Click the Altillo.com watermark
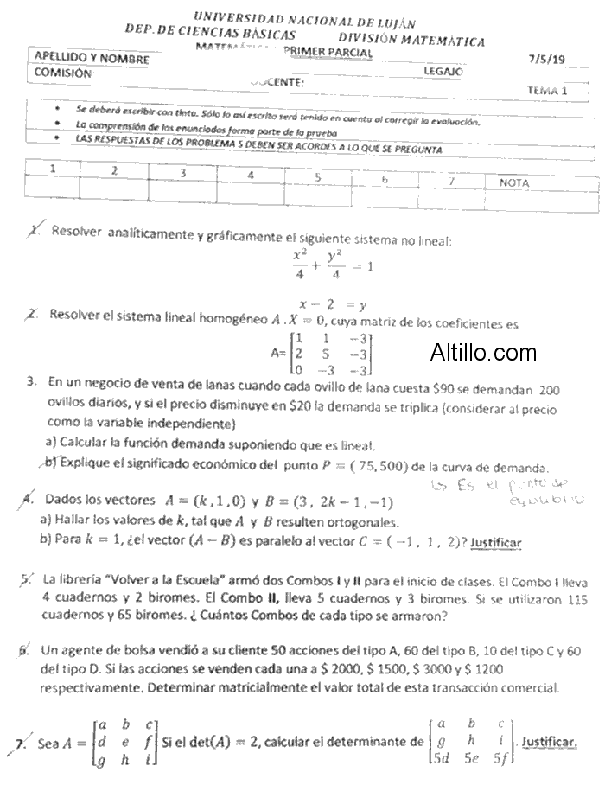click(x=483, y=353)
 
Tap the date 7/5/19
click(x=545, y=60)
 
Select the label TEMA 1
click(x=547, y=90)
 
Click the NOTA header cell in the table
click(x=514, y=183)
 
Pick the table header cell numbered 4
click(x=251, y=175)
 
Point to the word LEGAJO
click(x=443, y=72)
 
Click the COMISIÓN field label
click(x=62, y=74)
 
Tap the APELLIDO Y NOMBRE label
click(x=91, y=59)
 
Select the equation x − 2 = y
click(x=333, y=304)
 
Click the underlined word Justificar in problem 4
click(x=496, y=542)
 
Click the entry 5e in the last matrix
click(x=472, y=759)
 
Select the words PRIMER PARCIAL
click(x=333, y=53)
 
